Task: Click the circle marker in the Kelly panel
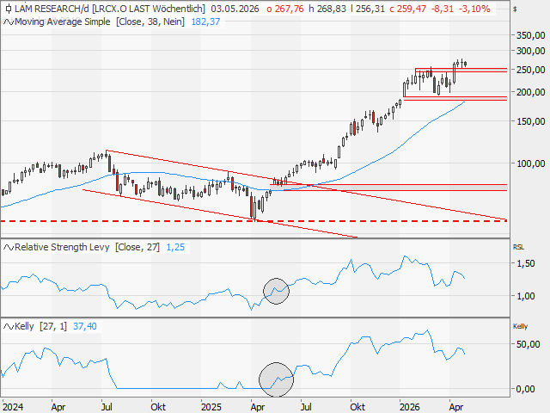coord(276,377)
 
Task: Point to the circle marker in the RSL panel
coord(276,292)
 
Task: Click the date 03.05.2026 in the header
coord(236,8)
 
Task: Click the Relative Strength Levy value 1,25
coord(174,247)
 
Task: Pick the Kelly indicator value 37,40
coord(85,326)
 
